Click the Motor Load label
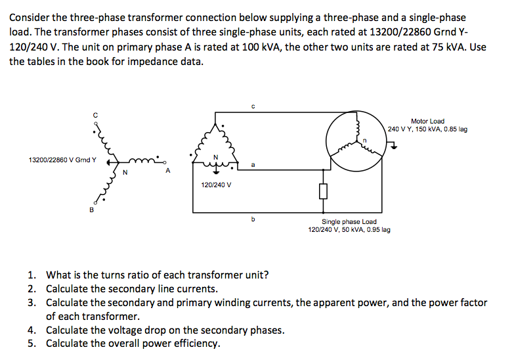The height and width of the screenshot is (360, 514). (427, 121)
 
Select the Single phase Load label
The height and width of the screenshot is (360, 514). (349, 221)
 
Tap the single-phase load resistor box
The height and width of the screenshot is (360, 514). (323, 191)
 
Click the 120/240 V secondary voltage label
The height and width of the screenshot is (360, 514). (216, 185)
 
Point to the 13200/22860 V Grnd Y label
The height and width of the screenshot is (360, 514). (62, 159)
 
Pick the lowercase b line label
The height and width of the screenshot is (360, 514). (253, 219)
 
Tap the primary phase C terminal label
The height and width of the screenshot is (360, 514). (95, 115)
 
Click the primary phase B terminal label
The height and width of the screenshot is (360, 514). (91, 210)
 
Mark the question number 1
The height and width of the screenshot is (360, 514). (31, 275)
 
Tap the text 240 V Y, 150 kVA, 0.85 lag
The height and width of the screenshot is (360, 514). (427, 129)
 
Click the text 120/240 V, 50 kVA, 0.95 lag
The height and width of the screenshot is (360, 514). (349, 230)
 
